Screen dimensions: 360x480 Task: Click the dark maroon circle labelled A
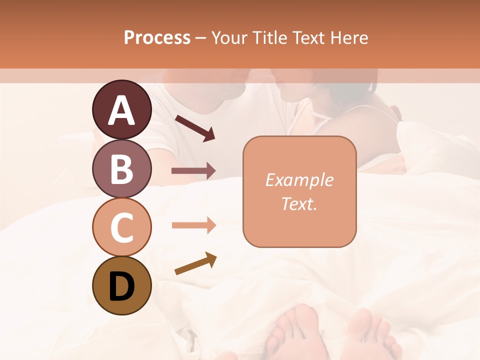[x=122, y=109]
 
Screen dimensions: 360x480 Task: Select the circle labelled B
[x=122, y=168]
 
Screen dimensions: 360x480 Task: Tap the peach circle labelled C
[x=122, y=227]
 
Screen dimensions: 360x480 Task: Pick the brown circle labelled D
[x=122, y=285]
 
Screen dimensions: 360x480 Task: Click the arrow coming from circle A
[x=194, y=127]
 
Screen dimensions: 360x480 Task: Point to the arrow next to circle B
[x=193, y=171]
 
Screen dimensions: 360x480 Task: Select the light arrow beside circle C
[x=193, y=225]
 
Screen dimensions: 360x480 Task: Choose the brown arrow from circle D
[x=195, y=263]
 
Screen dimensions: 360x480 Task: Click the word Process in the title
[x=157, y=38]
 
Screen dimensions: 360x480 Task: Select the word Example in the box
[x=299, y=180]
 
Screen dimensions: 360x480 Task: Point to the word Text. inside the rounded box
[x=299, y=203]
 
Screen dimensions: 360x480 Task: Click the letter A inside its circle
[x=122, y=110]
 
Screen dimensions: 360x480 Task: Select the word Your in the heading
[x=229, y=38]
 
